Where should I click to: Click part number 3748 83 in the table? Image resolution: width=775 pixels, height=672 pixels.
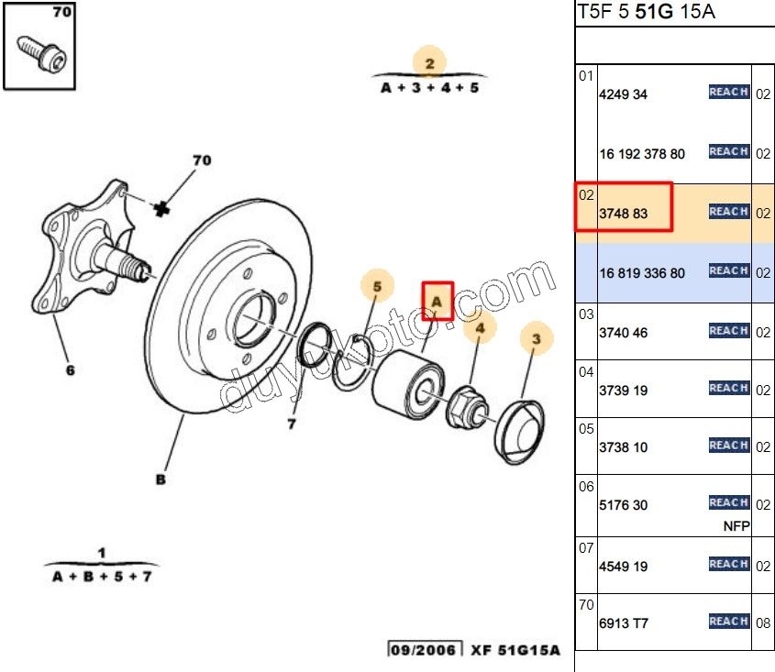pos(623,215)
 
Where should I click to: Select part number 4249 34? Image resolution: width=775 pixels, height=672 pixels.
pos(623,94)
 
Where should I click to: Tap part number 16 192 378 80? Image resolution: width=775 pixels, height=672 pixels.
pos(642,154)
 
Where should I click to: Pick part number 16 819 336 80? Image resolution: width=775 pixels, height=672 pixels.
pos(642,273)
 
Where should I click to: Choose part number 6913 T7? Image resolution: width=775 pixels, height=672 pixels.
pos(623,623)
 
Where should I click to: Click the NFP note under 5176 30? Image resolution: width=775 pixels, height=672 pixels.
pos(736,526)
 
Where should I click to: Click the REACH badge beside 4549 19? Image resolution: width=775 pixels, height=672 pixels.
pos(729,564)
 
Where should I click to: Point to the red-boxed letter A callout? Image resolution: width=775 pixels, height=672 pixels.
pos(437,300)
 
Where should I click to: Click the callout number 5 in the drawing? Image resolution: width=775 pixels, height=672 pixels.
pos(376,286)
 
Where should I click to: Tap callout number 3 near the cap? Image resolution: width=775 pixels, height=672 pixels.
pos(537,340)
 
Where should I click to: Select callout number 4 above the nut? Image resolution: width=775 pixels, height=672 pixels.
pos(480,327)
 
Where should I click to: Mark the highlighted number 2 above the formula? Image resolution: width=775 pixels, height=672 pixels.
pos(429,63)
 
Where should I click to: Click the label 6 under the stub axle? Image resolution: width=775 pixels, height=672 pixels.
pos(70,370)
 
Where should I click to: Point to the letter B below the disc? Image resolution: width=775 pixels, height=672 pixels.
pos(161,479)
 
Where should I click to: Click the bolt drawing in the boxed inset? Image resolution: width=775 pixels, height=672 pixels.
pos(39,53)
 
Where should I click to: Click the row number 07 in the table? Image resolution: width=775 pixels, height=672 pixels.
pos(586,548)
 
